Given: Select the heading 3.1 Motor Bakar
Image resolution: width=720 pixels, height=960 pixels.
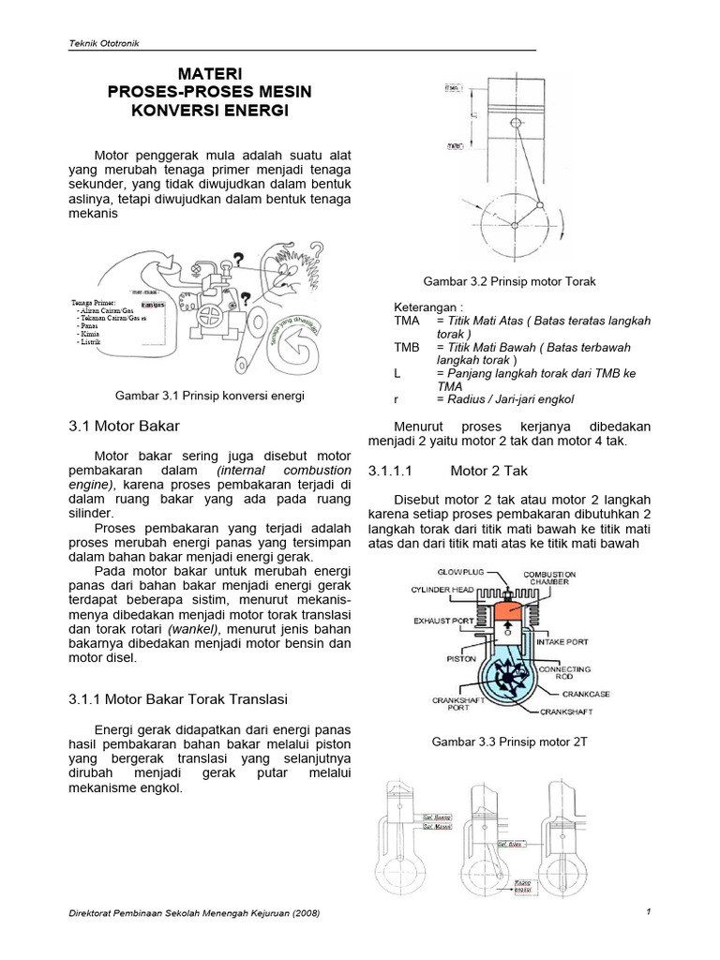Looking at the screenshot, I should (124, 426).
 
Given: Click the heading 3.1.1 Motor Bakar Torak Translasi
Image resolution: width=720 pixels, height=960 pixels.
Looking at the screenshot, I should (178, 698).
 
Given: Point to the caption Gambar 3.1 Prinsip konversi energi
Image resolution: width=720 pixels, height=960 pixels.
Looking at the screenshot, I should (210, 396).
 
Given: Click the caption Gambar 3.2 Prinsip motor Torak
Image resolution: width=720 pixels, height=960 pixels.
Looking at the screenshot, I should (509, 281).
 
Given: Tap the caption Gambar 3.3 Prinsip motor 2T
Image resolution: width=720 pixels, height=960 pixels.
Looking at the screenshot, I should (509, 742).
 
